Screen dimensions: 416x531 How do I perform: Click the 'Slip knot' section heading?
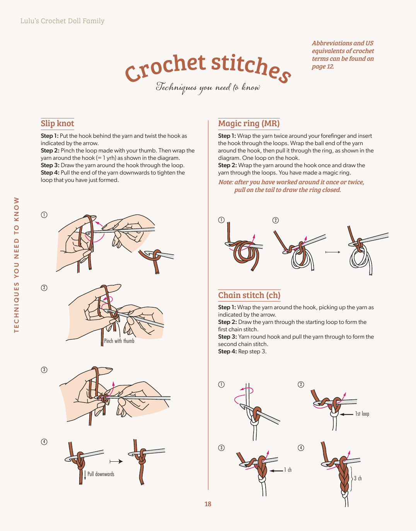[57, 123]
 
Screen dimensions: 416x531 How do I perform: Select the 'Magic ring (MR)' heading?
[249, 123]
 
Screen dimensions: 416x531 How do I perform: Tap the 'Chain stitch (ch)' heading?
[249, 295]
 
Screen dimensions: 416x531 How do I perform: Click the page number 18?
[208, 504]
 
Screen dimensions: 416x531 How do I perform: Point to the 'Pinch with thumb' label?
[119, 341]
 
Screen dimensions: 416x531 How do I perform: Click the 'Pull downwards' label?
[101, 474]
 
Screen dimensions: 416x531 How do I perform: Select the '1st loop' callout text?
[362, 414]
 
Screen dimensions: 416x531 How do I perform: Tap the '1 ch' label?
[288, 470]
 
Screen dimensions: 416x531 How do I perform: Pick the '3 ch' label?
[358, 478]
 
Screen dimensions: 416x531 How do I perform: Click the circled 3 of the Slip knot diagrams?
[44, 370]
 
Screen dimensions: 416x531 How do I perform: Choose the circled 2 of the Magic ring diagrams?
[275, 220]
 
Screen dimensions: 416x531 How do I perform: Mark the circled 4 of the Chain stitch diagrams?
[301, 448]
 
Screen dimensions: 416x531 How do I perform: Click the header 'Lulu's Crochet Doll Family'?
[62, 21]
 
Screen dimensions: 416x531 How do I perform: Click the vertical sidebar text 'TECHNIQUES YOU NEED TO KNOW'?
[16, 265]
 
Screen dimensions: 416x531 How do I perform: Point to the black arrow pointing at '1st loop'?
[346, 414]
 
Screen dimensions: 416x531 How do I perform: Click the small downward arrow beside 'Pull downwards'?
[85, 475]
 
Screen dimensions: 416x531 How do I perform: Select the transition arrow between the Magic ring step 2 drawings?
[333, 252]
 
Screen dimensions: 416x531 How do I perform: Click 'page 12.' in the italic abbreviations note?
[323, 67]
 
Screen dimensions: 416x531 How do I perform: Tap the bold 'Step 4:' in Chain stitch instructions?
[227, 351]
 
